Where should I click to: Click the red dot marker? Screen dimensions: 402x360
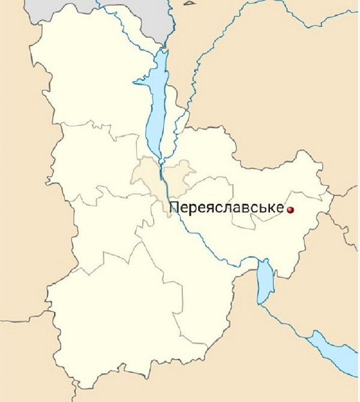tap(290, 210)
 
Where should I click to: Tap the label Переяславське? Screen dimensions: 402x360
tap(227, 208)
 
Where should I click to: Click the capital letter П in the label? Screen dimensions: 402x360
tap(175, 208)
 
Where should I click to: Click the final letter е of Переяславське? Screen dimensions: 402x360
tap(279, 209)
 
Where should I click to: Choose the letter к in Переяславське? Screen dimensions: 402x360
tap(270, 209)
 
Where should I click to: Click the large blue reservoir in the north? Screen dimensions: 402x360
tap(155, 102)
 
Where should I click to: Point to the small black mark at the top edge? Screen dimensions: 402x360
tap(190, 2)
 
